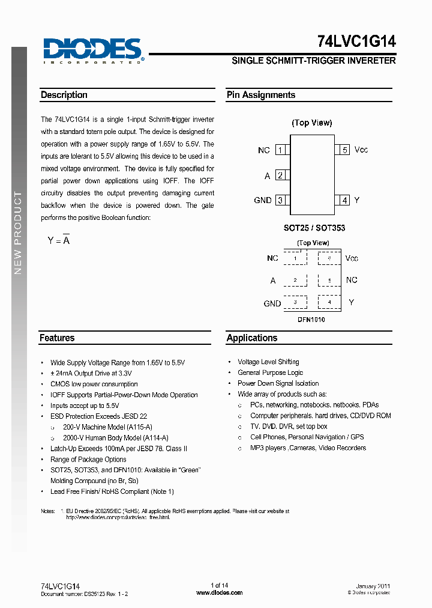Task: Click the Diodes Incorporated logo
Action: point(92,50)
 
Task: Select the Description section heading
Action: point(64,95)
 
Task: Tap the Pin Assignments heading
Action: point(261,95)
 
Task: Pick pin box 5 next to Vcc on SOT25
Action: point(344,150)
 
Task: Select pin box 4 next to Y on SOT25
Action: point(344,200)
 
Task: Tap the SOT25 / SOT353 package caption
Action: point(314,228)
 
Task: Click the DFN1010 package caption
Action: point(311,320)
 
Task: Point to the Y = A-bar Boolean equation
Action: point(59,240)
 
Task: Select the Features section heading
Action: point(57,338)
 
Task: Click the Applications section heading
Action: point(252,338)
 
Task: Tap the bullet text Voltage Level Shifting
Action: point(268,362)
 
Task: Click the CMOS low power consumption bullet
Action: point(94,384)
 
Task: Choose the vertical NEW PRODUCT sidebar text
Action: point(18,233)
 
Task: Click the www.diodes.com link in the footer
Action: point(220,592)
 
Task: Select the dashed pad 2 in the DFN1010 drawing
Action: point(295,281)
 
